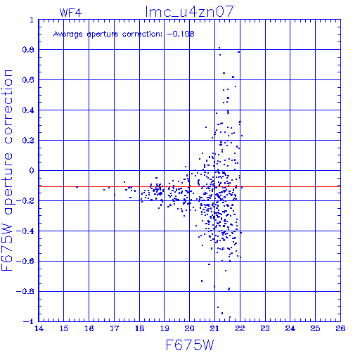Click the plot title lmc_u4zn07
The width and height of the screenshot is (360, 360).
pos(189,12)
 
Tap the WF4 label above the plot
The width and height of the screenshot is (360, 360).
pos(70,13)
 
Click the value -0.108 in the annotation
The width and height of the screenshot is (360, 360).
pos(181,34)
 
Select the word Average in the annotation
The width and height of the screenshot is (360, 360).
pos(68,34)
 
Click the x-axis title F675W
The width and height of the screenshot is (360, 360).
pos(190,345)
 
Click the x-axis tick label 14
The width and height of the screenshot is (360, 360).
pos(39,328)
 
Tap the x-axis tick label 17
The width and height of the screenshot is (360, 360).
pos(114,328)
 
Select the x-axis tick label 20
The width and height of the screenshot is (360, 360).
pos(189,328)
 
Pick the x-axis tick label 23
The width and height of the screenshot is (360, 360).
pos(265,328)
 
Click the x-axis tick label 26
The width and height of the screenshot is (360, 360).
pos(340,328)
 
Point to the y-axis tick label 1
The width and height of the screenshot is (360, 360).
pos(32,20)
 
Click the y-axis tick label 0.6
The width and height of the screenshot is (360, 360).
pos(28,80)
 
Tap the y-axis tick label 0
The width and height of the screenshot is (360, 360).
pos(32,171)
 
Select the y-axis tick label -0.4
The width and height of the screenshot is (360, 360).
pos(25,231)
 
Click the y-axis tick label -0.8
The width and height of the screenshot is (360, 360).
pos(25,291)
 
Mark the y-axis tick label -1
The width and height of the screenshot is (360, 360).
pos(29,321)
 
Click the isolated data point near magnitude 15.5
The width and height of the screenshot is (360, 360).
pos(77,187)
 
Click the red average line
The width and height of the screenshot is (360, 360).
pos(189,187)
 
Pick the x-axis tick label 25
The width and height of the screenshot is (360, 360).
pos(315,328)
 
